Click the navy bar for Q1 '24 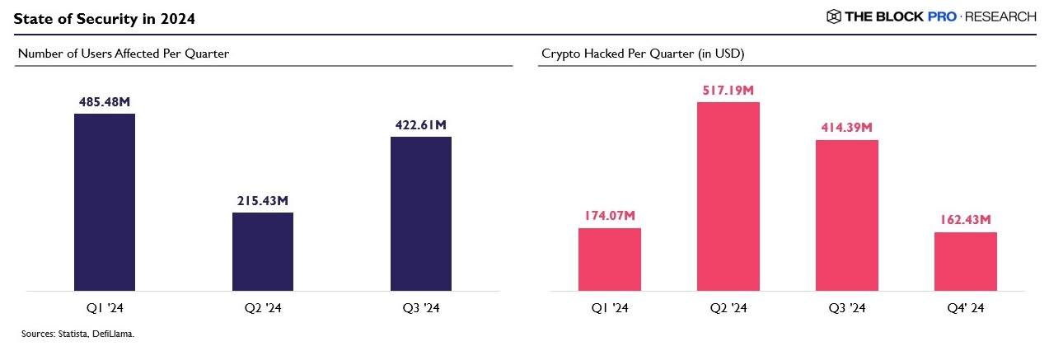click(x=105, y=202)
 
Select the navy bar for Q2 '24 click(x=262, y=251)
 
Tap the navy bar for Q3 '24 click(x=420, y=213)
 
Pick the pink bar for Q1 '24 click(x=609, y=259)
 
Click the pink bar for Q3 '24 click(x=846, y=215)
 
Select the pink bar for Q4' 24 click(x=965, y=261)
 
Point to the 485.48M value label click(x=105, y=102)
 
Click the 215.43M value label click(x=262, y=201)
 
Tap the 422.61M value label click(x=420, y=125)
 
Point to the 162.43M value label click(x=965, y=220)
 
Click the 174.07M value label click(x=609, y=216)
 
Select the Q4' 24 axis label click(x=965, y=309)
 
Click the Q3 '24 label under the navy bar click(x=420, y=309)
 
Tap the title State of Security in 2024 click(x=104, y=17)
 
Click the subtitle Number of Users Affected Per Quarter click(x=123, y=54)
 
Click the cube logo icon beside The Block click(x=833, y=16)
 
